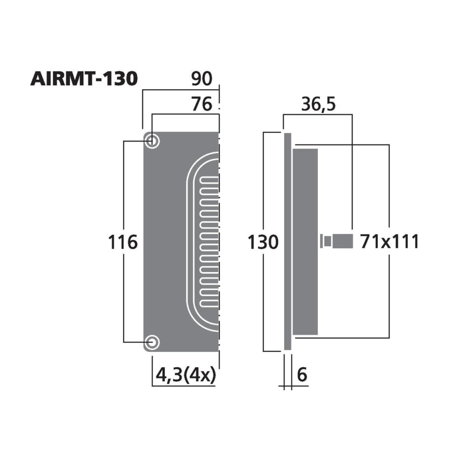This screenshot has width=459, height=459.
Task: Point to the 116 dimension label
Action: click(x=122, y=242)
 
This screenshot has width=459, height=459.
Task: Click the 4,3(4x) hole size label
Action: click(x=185, y=374)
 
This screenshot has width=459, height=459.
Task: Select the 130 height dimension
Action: click(x=263, y=242)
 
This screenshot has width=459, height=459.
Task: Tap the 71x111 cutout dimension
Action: click(x=389, y=242)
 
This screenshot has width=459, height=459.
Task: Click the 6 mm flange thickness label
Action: click(x=302, y=374)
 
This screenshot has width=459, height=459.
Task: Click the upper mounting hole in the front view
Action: click(x=153, y=141)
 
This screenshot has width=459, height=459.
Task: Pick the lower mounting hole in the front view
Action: click(x=153, y=342)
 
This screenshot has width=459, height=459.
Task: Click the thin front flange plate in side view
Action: click(x=287, y=242)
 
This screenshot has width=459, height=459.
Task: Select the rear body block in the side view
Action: click(x=305, y=242)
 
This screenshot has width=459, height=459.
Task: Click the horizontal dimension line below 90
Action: click(x=181, y=89)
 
